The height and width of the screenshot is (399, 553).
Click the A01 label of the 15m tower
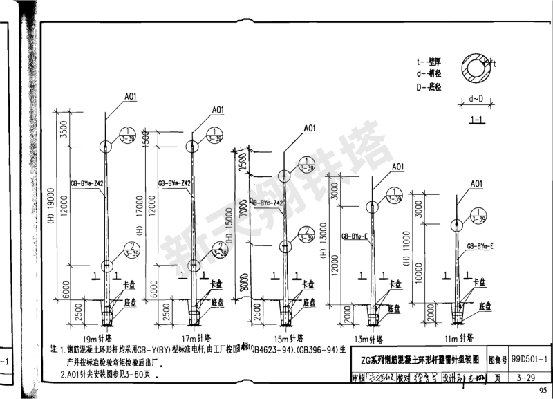pyautogui.click(x=309, y=128)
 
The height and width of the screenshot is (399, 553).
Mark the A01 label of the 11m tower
pyautogui.click(x=476, y=183)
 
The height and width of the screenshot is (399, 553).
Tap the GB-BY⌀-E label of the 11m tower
pyautogui.click(x=479, y=245)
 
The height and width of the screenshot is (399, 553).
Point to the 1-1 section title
pyautogui.click(x=476, y=120)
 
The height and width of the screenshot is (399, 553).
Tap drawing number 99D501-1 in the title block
pyautogui.click(x=529, y=360)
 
